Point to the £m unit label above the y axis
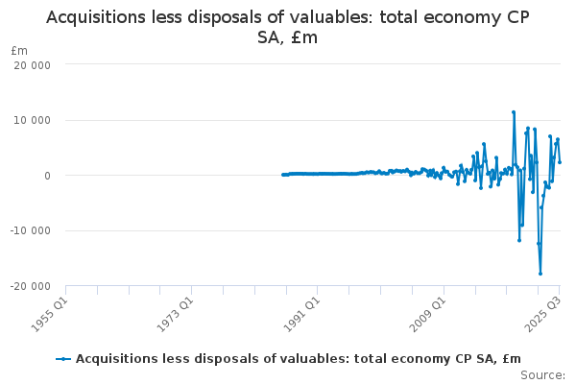19,50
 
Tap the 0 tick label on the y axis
46,176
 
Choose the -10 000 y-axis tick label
29,230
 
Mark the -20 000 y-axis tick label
29,286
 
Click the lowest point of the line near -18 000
540,274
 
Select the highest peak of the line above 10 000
514,112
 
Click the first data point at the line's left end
282,175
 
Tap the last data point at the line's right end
560,162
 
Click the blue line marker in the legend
63,359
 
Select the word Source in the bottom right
542,375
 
